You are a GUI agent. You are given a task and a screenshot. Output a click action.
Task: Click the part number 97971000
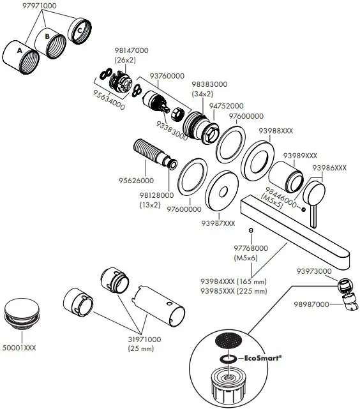click(39, 5)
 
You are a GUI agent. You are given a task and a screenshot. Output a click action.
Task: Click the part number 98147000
click(131, 50)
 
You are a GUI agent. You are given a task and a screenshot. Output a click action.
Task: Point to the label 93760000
click(167, 75)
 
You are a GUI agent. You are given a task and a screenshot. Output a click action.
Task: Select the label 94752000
click(226, 105)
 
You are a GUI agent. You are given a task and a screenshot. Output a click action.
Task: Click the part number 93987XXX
click(218, 223)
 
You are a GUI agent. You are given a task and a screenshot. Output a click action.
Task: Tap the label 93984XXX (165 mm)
click(233, 281)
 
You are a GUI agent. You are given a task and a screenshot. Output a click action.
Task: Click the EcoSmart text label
click(264, 359)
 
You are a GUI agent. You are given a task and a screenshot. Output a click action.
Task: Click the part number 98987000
click(312, 304)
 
